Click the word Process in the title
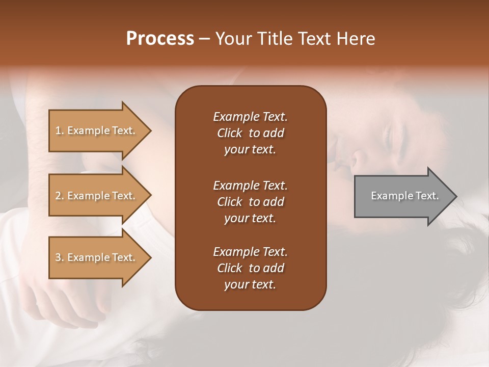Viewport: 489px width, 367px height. click(x=160, y=39)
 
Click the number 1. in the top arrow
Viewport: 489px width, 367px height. click(x=60, y=130)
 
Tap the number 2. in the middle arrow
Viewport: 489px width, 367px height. click(x=60, y=196)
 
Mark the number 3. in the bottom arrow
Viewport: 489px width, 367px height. click(x=60, y=257)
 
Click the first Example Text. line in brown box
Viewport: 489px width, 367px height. click(x=250, y=117)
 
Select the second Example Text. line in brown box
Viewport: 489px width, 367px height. click(x=250, y=185)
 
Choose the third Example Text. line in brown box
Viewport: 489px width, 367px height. click(x=250, y=252)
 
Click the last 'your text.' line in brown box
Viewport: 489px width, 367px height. click(x=250, y=285)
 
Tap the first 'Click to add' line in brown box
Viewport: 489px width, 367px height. click(x=250, y=133)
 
